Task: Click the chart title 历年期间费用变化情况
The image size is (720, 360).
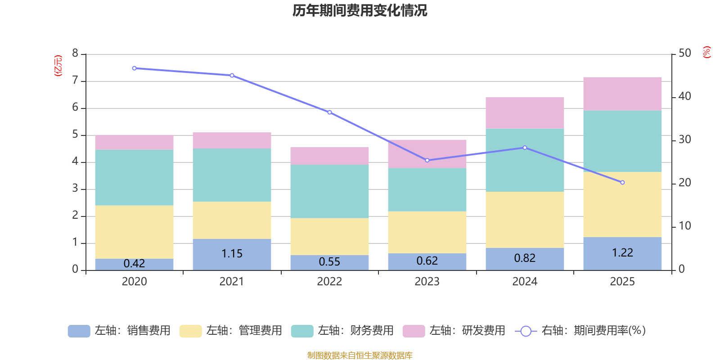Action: (x=360, y=10)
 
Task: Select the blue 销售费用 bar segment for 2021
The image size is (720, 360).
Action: (x=232, y=255)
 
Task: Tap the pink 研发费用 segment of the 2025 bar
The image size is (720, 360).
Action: (x=622, y=94)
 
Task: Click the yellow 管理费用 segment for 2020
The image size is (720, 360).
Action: (x=134, y=232)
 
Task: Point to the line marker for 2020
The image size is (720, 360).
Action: (x=134, y=68)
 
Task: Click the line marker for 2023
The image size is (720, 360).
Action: (x=427, y=160)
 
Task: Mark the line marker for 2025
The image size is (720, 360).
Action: (x=622, y=182)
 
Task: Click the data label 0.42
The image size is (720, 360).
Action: (x=134, y=263)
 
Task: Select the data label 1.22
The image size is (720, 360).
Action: (x=622, y=253)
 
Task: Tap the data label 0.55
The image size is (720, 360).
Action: (x=329, y=262)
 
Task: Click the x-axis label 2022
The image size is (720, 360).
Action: (x=329, y=282)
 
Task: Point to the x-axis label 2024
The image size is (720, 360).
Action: (x=525, y=282)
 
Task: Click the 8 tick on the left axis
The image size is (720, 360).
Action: (x=75, y=54)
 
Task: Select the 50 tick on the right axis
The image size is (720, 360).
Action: (x=684, y=54)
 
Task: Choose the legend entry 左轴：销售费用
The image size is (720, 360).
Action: (x=119, y=331)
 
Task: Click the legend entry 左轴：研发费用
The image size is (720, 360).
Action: (x=454, y=331)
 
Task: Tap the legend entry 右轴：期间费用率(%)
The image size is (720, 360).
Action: (x=580, y=331)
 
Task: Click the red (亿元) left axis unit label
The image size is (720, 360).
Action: (x=58, y=66)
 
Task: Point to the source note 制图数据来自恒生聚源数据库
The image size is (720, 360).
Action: (x=360, y=355)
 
